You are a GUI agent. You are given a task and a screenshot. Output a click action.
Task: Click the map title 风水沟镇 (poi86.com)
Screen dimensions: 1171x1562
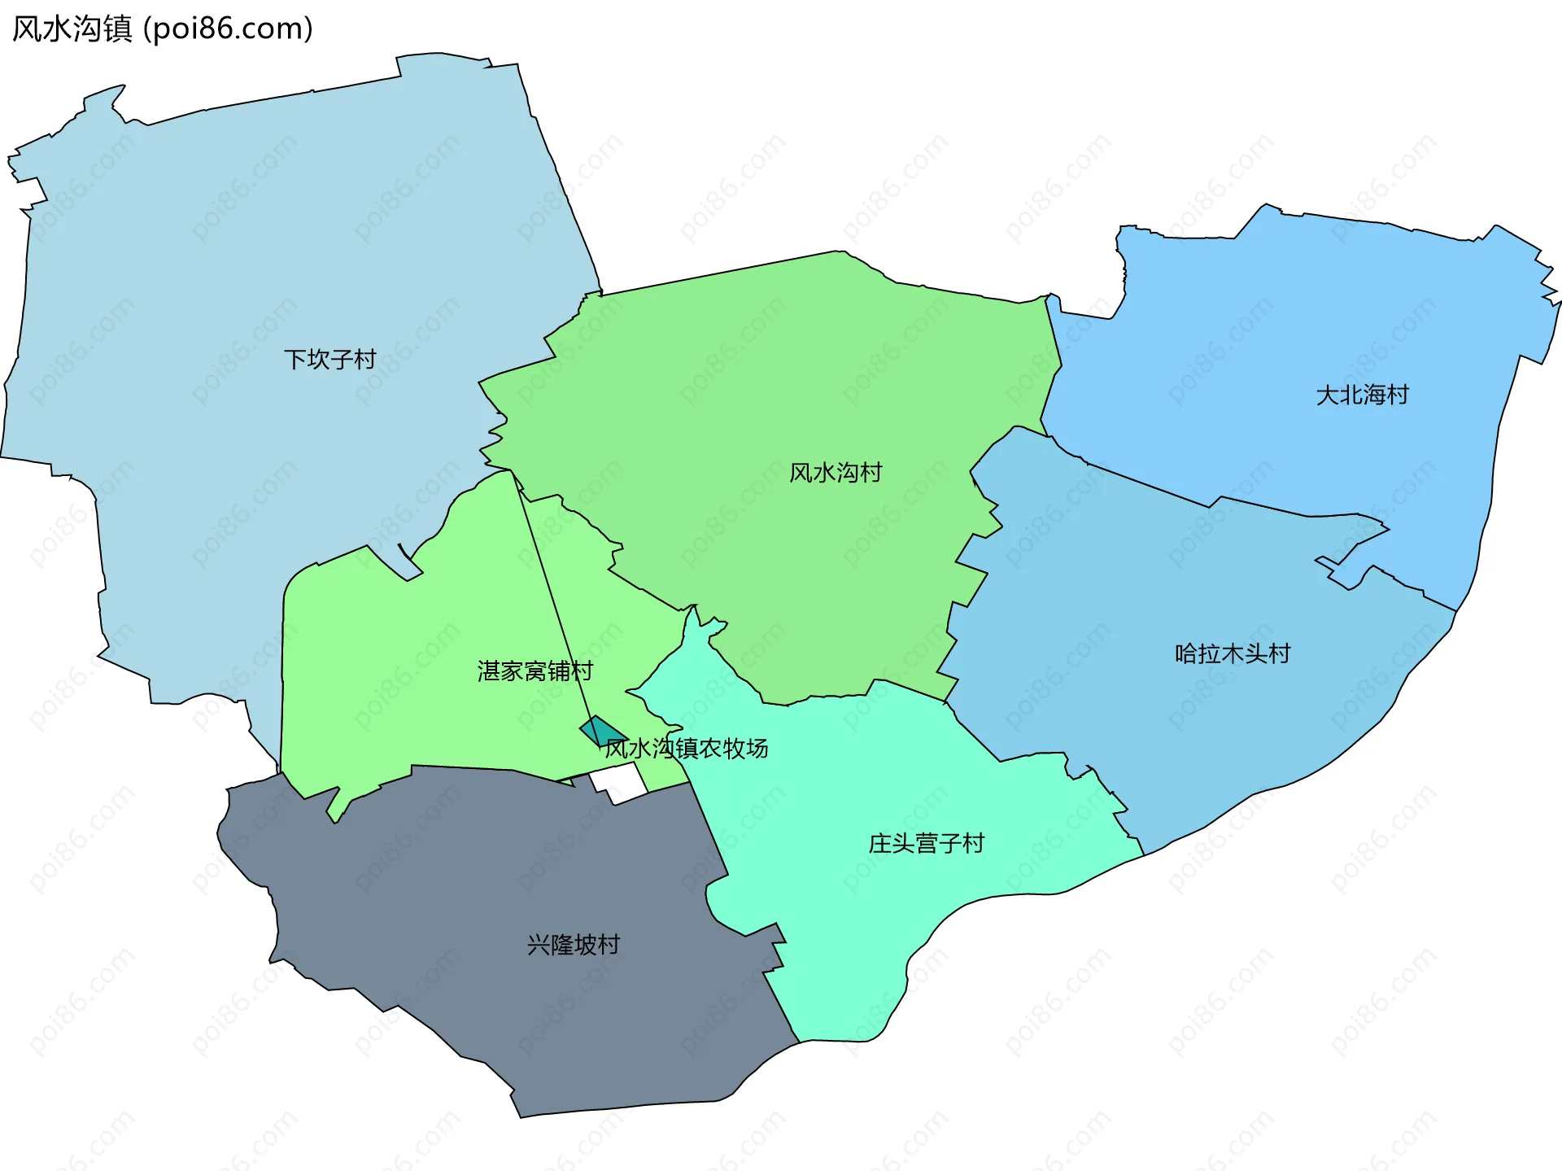pyautogui.click(x=163, y=29)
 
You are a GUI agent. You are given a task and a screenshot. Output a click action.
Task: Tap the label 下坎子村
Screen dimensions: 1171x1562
pyautogui.click(x=329, y=359)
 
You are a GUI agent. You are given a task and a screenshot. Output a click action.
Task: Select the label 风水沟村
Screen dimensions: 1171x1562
pyautogui.click(x=836, y=472)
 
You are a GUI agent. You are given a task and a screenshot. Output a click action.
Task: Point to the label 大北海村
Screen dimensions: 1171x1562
pyautogui.click(x=1362, y=395)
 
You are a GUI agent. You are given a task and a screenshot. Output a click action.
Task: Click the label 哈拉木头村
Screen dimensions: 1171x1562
pyautogui.click(x=1232, y=653)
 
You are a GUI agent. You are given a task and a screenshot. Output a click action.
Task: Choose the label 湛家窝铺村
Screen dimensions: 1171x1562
pyautogui.click(x=534, y=671)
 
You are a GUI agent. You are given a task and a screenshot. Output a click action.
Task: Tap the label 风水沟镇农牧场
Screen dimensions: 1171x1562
pyautogui.click(x=686, y=748)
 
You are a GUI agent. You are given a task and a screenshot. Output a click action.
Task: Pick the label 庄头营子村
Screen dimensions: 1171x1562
pyautogui.click(x=926, y=843)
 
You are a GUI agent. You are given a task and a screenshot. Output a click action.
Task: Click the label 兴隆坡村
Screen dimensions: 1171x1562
pyautogui.click(x=574, y=944)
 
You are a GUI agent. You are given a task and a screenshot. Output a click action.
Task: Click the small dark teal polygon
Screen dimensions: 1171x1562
pyautogui.click(x=600, y=730)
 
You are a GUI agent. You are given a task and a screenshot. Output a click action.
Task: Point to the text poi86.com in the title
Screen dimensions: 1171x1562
pyautogui.click(x=228, y=29)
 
